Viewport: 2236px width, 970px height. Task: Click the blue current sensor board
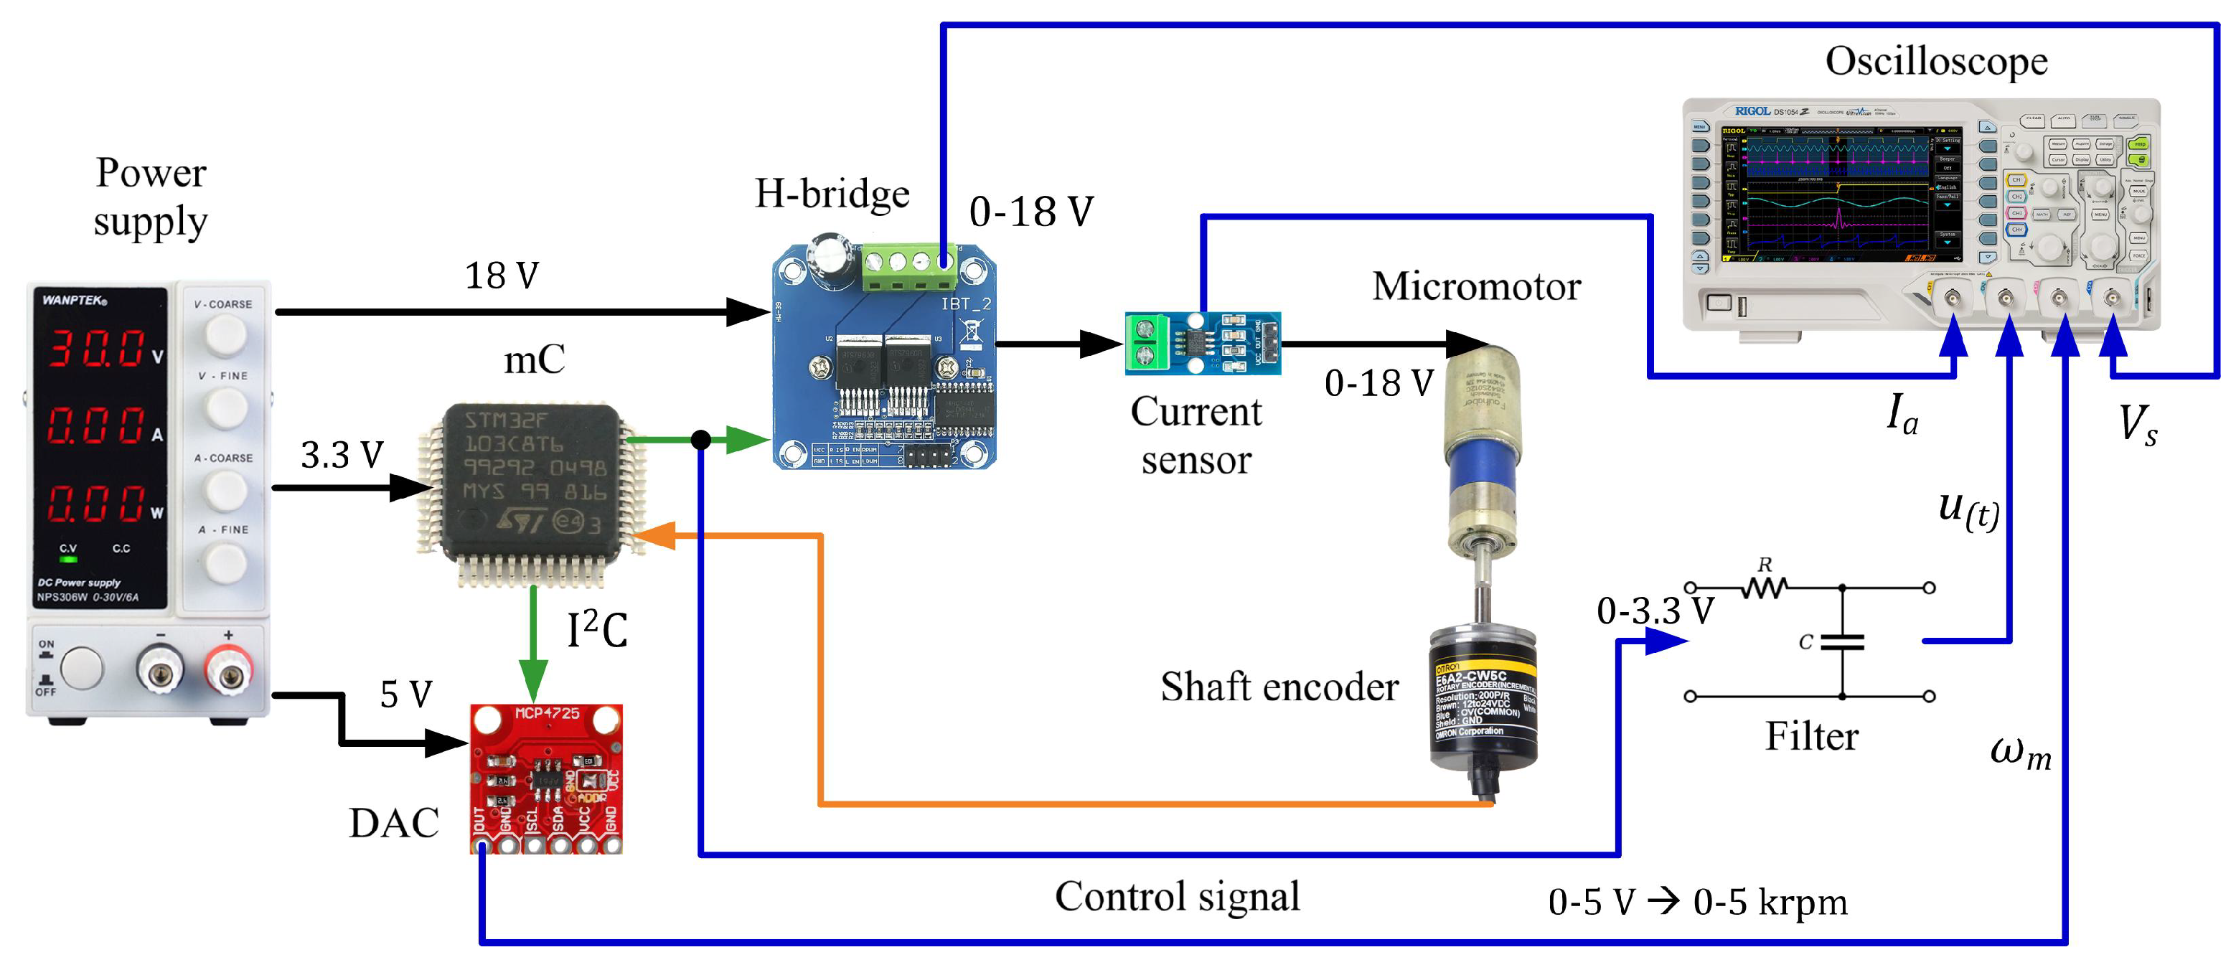(1202, 343)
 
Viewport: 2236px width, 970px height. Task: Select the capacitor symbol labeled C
(1841, 642)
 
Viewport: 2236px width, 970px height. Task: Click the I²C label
(596, 629)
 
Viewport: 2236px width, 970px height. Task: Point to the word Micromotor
(1475, 286)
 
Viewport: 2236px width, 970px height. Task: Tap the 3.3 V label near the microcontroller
(341, 455)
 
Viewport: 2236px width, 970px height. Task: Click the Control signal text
(1177, 896)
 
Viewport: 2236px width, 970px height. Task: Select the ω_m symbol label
(2020, 751)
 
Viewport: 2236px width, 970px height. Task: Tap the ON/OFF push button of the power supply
(82, 669)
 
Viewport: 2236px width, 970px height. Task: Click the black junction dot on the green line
(700, 440)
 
